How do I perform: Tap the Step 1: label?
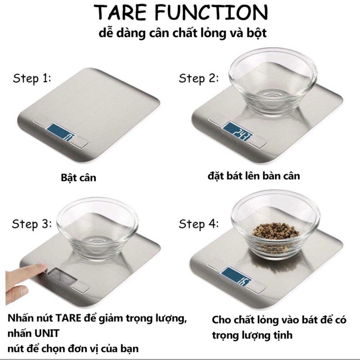click(x=32, y=79)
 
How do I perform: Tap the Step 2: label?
click(x=198, y=79)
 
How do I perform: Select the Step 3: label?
click(x=32, y=224)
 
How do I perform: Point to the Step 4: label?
click(x=198, y=224)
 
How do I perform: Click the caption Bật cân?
click(x=78, y=177)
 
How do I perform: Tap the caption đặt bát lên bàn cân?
click(x=254, y=175)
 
